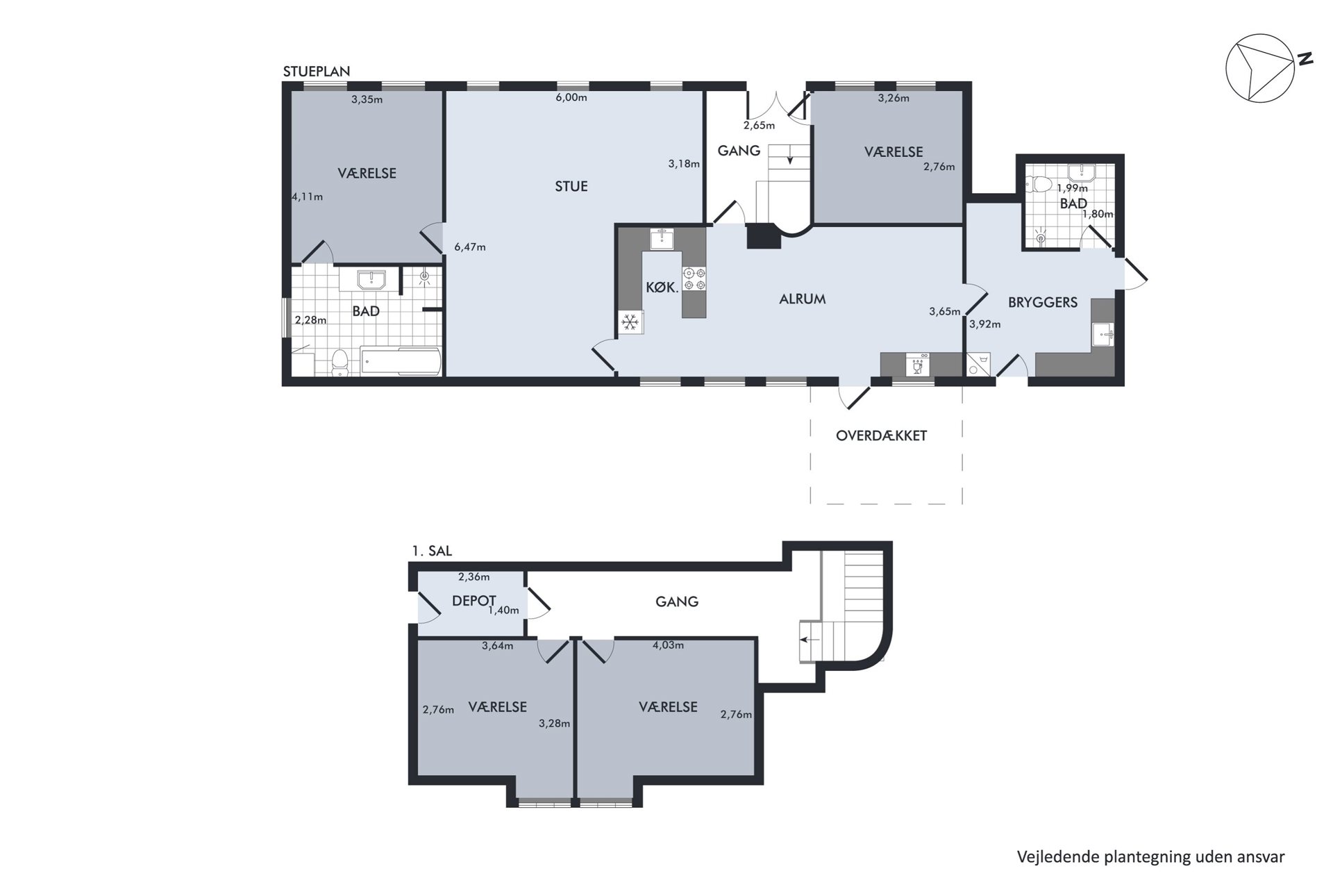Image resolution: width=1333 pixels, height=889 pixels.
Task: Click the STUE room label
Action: pos(571,186)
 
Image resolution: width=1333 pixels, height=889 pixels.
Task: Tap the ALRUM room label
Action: pos(803,299)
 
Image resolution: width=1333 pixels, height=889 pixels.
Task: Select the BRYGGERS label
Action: pos(1043,302)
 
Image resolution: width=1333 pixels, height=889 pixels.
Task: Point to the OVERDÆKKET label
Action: pos(882,435)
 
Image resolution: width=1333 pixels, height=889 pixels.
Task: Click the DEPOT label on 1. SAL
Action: pos(474,601)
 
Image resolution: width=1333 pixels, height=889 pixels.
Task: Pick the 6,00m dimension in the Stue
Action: pos(571,98)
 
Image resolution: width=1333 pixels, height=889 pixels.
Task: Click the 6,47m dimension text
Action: pos(470,247)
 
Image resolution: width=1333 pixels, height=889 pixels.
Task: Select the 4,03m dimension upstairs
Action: pos(668,645)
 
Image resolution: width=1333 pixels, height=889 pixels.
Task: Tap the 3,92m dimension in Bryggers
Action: pos(985,324)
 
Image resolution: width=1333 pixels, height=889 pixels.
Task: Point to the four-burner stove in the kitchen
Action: pos(694,279)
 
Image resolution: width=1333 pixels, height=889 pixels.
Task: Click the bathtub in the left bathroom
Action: pos(401,361)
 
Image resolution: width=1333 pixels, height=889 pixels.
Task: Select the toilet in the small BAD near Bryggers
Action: pos(1040,184)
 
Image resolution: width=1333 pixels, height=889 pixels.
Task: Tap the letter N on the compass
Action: pos(1306,58)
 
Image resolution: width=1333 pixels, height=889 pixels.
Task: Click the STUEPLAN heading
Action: pos(317,72)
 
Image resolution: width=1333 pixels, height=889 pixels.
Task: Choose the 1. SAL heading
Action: pos(432,551)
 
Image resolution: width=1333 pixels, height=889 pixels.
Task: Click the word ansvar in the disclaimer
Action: pos(1261,857)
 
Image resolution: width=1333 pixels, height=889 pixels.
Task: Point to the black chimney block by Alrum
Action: pos(764,237)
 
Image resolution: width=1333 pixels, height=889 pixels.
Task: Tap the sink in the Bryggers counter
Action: pos(1103,334)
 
